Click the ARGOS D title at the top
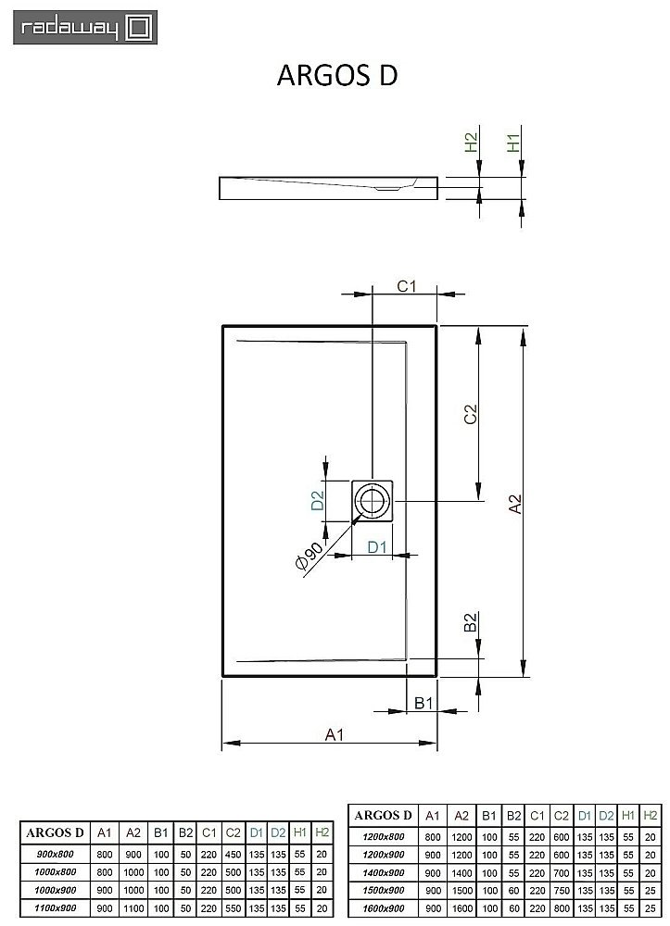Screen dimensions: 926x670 point(337,76)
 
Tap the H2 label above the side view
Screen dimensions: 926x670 point(471,143)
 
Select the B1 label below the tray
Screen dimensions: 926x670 point(423,704)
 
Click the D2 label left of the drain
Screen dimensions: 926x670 point(317,502)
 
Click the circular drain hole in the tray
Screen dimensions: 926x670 point(373,502)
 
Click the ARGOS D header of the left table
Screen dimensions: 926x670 point(55,832)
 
